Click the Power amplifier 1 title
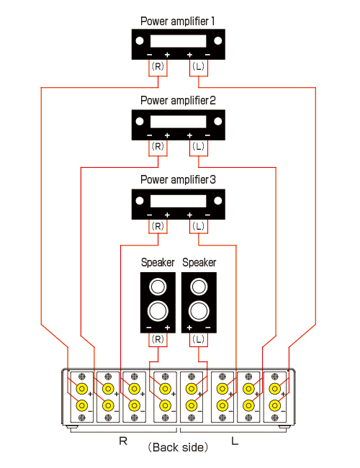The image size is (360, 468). pyautogui.click(x=178, y=22)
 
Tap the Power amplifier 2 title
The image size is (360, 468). pyautogui.click(x=178, y=101)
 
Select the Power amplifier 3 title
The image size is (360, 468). pyautogui.click(x=178, y=180)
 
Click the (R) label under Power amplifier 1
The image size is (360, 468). pyautogui.click(x=158, y=66)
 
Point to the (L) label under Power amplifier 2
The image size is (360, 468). pyautogui.click(x=199, y=146)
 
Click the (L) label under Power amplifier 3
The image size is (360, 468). pyautogui.click(x=199, y=226)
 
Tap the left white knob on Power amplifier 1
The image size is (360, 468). pyautogui.click(x=140, y=41)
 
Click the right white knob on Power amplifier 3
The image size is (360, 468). pyautogui.click(x=218, y=201)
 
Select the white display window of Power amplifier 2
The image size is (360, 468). pyautogui.click(x=179, y=122)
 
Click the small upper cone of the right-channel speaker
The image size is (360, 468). pyautogui.click(x=158, y=287)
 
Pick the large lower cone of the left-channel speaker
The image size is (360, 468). pyautogui.click(x=199, y=311)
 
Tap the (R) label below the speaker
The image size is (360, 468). pyautogui.click(x=158, y=339)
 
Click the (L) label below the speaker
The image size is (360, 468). pyautogui.click(x=199, y=339)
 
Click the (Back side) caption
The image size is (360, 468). pyautogui.click(x=178, y=447)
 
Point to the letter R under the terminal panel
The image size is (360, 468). pyautogui.click(x=123, y=441)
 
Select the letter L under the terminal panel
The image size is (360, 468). pyautogui.click(x=235, y=441)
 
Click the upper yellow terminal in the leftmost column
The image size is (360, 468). pyautogui.click(x=82, y=389)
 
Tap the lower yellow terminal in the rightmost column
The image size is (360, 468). pyautogui.click(x=274, y=405)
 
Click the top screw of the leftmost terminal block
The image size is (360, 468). pyautogui.click(x=82, y=377)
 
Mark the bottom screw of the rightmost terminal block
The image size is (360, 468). pyautogui.click(x=274, y=418)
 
